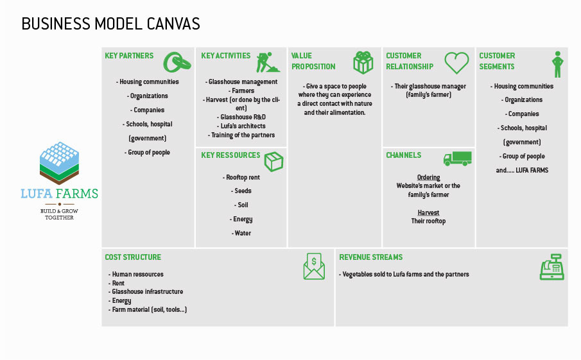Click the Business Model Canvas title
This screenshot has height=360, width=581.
110,24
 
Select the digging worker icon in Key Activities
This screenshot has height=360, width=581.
268,62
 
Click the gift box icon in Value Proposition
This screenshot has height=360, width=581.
363,63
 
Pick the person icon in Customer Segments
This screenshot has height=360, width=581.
557,64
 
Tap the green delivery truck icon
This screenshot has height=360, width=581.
458,159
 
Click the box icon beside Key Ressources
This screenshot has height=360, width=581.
274,162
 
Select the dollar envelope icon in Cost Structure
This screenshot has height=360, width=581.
314,266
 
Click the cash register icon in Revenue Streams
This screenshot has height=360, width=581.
551,267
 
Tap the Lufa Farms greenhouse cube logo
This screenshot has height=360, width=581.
59,163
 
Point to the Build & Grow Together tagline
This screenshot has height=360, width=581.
59,214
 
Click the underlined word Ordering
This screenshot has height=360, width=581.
429,177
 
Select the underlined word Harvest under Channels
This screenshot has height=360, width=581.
428,212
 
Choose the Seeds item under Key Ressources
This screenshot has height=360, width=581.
241,191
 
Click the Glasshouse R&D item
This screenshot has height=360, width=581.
241,117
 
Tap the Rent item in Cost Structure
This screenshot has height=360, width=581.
116,283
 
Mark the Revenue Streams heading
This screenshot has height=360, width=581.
371,257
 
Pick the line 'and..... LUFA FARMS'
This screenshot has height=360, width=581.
522,170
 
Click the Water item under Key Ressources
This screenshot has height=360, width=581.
241,233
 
